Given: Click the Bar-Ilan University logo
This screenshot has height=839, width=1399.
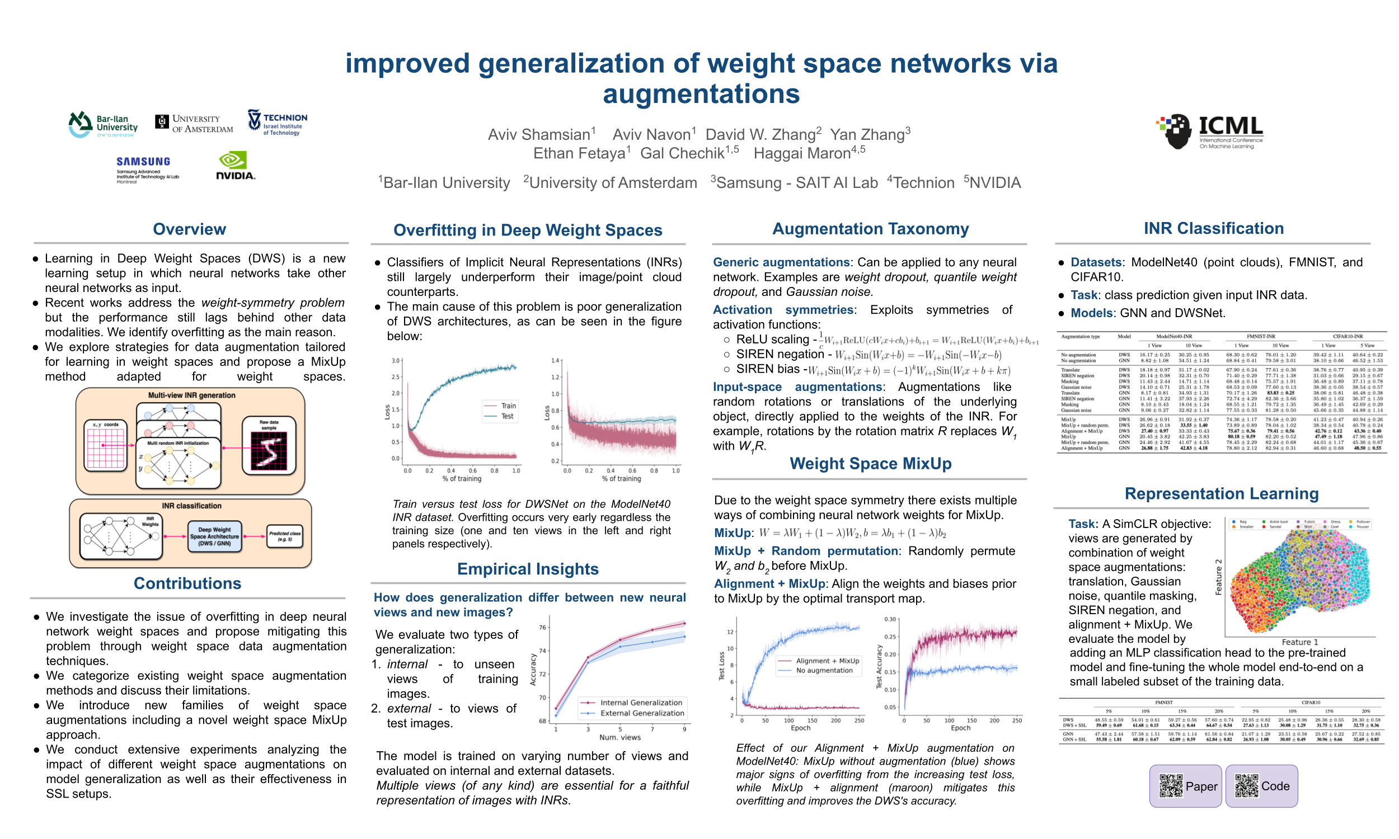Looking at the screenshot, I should [103, 124].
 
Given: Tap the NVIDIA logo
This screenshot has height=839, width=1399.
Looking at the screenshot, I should [235, 166].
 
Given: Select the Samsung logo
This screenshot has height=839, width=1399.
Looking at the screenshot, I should [144, 168].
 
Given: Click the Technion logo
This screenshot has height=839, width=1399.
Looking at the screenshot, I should [277, 122].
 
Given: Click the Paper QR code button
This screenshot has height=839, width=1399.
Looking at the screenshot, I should [1185, 786].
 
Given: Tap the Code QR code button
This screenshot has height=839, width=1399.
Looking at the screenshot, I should [1261, 786].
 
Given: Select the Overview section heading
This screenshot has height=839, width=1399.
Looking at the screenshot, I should [189, 229].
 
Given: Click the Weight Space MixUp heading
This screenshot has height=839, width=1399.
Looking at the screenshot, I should [870, 464].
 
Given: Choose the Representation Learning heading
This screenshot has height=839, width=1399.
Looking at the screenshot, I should [1222, 493].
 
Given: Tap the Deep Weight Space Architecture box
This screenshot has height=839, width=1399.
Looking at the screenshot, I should [214, 536].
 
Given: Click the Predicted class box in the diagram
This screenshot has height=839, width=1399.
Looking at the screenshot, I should [284, 536].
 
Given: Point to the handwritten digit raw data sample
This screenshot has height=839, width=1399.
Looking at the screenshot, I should [269, 451].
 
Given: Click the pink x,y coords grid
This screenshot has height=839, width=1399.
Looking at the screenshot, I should [105, 448].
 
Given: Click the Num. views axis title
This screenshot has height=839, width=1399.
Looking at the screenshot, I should [620, 737].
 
